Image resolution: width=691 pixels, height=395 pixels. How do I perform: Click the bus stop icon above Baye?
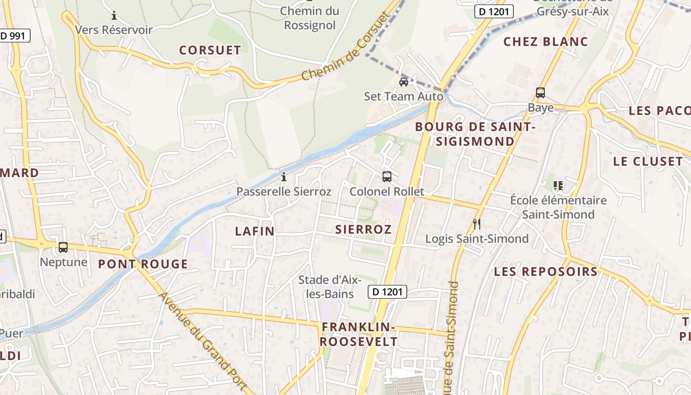(540, 92)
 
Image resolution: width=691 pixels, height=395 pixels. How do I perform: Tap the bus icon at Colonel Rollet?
(387, 176)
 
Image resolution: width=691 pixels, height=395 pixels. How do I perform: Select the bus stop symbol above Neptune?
(63, 247)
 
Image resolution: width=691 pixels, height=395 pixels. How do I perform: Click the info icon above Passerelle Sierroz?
(284, 177)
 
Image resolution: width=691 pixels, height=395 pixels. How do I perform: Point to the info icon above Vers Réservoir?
(114, 15)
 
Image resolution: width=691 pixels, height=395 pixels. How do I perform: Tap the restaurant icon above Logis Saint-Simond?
(476, 224)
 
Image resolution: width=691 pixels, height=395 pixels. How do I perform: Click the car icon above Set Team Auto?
(403, 81)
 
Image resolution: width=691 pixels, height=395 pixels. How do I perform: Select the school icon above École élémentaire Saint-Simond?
(558, 186)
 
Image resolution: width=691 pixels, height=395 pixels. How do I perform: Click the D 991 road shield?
(15, 36)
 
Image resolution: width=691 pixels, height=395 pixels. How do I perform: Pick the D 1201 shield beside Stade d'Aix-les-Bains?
(387, 292)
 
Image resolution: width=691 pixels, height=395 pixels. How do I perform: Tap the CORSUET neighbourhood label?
(210, 50)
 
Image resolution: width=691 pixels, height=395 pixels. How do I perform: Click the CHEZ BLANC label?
(545, 41)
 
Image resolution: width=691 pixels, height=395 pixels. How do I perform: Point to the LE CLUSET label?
(648, 161)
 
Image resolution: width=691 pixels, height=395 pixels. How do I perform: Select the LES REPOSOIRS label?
(545, 271)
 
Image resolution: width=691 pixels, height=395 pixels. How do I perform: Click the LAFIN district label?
(254, 231)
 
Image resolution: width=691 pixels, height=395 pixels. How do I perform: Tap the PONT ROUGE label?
(143, 264)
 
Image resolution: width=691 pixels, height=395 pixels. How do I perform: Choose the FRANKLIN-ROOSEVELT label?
(358, 334)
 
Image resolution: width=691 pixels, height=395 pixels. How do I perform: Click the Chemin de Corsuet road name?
(345, 47)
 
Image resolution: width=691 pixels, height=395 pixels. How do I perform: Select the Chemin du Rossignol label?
(309, 18)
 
